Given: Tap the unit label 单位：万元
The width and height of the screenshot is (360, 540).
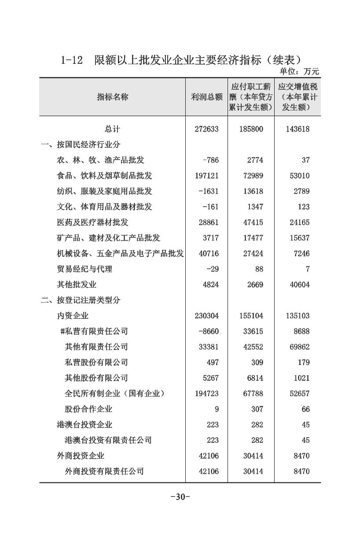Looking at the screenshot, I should click(x=299, y=72).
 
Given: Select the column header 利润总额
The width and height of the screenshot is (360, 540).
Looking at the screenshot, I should click(x=206, y=97).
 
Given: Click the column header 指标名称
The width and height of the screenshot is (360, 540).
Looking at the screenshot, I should click(x=112, y=97).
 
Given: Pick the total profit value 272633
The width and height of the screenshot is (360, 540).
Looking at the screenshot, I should click(x=206, y=129).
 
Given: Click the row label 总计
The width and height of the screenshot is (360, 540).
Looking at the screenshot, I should click(x=112, y=129).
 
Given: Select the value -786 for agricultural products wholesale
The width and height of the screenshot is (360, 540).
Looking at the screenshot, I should click(x=210, y=160).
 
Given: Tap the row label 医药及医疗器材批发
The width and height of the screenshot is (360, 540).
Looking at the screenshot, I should click(x=92, y=223).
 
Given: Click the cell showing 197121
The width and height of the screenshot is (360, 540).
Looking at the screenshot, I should click(x=206, y=176).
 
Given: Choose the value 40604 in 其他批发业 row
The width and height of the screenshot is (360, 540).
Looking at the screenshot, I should click(x=298, y=285).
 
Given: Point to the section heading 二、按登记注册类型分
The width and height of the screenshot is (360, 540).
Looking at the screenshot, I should click(x=80, y=300).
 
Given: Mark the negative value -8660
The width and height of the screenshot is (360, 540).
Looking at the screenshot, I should click(x=208, y=331).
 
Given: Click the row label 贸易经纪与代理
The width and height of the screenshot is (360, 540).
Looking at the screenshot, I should click(x=84, y=269).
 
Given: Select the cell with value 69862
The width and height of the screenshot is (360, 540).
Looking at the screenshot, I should click(x=298, y=347).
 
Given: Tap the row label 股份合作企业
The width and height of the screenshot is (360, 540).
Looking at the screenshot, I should click(x=88, y=409).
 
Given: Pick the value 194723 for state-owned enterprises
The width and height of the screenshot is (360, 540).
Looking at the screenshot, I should click(x=206, y=394).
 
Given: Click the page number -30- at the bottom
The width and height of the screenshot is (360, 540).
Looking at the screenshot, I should click(x=180, y=497).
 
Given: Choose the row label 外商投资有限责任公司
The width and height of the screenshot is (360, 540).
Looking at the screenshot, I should click(x=104, y=471).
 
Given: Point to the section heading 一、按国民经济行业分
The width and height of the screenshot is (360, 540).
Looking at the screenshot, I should click(x=80, y=145).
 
